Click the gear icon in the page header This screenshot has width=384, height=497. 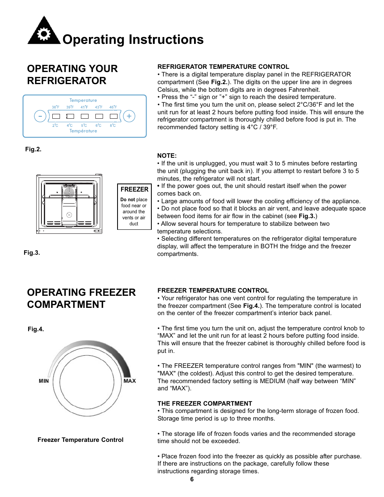[43, 34]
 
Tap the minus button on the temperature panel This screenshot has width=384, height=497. [40, 116]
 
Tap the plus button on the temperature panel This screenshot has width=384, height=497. [129, 116]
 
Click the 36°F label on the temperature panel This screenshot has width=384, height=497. [56, 107]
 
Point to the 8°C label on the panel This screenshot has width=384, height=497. [113, 126]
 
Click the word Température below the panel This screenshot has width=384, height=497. [83, 131]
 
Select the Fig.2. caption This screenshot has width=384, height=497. [33, 149]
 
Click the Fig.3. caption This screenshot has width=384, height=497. [32, 253]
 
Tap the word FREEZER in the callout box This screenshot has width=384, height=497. [134, 189]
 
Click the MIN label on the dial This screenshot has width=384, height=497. [44, 381]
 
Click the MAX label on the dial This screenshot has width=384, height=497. [130, 381]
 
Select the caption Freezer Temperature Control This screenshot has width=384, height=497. [81, 440]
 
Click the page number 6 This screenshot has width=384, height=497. [192, 479]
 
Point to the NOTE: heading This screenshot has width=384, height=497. [167, 156]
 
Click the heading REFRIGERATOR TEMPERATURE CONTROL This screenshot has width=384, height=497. [223, 67]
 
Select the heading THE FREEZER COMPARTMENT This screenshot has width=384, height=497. [205, 404]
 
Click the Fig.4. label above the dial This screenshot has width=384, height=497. [36, 329]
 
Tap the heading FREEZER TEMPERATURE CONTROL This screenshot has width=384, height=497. [213, 291]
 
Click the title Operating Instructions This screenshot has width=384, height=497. [133, 39]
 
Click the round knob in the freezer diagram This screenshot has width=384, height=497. [69, 215]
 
